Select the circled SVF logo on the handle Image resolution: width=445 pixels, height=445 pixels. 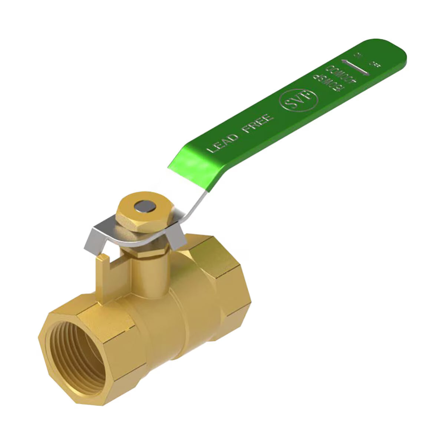pyautogui.click(x=300, y=100)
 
